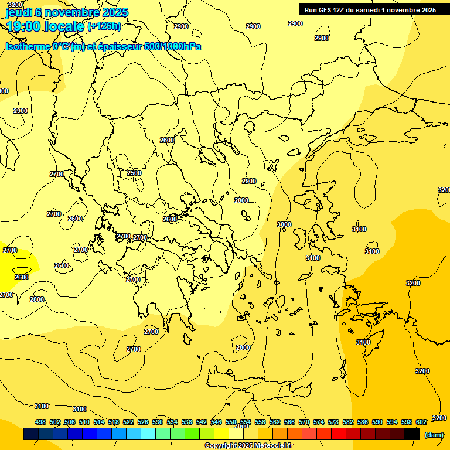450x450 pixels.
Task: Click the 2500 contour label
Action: pyautogui.click(x=134, y=173)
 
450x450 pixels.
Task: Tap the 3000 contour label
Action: pyautogui.click(x=284, y=224)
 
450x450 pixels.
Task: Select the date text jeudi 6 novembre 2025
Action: pyautogui.click(x=67, y=12)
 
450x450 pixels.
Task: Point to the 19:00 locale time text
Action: pyautogui.click(x=45, y=26)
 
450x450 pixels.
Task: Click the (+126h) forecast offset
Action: pyautogui.click(x=104, y=26)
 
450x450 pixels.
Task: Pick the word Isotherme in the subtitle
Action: pyautogui.click(x=28, y=46)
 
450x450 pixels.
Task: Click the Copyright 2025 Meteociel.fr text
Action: pyautogui.click(x=248, y=445)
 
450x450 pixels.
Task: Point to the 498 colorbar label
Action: pyautogui.click(x=40, y=422)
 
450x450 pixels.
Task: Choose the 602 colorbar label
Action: pyautogui.click(x=421, y=422)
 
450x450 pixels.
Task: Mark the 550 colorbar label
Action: pyautogui.click(x=231, y=422)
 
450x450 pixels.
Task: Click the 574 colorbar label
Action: pyautogui.click(x=319, y=422)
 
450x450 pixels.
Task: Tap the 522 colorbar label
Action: pyautogui.click(x=128, y=422)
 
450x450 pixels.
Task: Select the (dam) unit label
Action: pyautogui.click(x=434, y=434)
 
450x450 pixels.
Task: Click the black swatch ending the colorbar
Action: pyautogui.click(x=412, y=434)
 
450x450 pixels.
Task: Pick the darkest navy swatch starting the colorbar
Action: pyautogui.click(x=31, y=434)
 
